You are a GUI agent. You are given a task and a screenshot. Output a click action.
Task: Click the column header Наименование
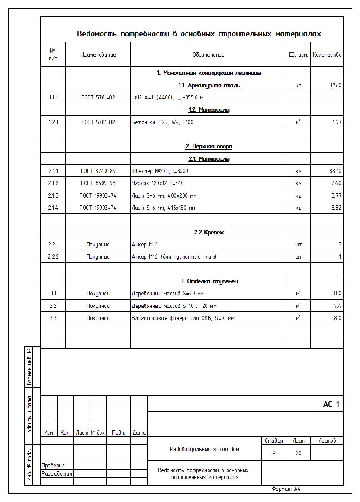click(x=98, y=54)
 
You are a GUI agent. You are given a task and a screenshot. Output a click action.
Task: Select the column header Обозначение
click(x=208, y=54)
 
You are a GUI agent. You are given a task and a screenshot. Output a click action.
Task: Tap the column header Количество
click(x=327, y=54)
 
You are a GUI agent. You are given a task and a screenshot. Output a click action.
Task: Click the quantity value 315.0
click(x=335, y=85)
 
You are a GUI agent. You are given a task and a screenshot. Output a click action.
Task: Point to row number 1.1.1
click(x=53, y=98)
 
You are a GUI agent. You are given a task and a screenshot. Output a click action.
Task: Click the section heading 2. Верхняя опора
click(x=209, y=147)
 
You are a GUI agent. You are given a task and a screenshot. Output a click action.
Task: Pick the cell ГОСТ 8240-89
click(x=98, y=171)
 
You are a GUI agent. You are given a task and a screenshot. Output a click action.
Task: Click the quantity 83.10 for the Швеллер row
click(x=335, y=171)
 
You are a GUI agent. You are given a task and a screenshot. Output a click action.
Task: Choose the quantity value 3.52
click(x=336, y=208)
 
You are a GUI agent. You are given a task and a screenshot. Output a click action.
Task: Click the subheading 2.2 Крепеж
click(x=209, y=233)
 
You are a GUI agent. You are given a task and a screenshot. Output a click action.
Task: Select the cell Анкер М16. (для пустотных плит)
click(x=174, y=257)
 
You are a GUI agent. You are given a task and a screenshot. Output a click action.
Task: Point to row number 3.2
click(x=53, y=306)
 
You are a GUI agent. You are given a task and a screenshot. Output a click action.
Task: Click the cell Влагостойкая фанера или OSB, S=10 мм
click(x=183, y=318)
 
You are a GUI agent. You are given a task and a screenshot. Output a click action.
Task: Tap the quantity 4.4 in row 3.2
click(x=337, y=306)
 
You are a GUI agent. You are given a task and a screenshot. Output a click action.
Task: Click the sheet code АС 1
click(x=331, y=404)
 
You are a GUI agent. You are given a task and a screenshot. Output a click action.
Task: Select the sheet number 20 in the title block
click(x=299, y=453)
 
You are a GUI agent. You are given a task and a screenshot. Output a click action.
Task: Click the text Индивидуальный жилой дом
click(x=205, y=449)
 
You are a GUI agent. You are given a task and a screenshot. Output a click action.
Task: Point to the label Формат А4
click(x=286, y=489)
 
